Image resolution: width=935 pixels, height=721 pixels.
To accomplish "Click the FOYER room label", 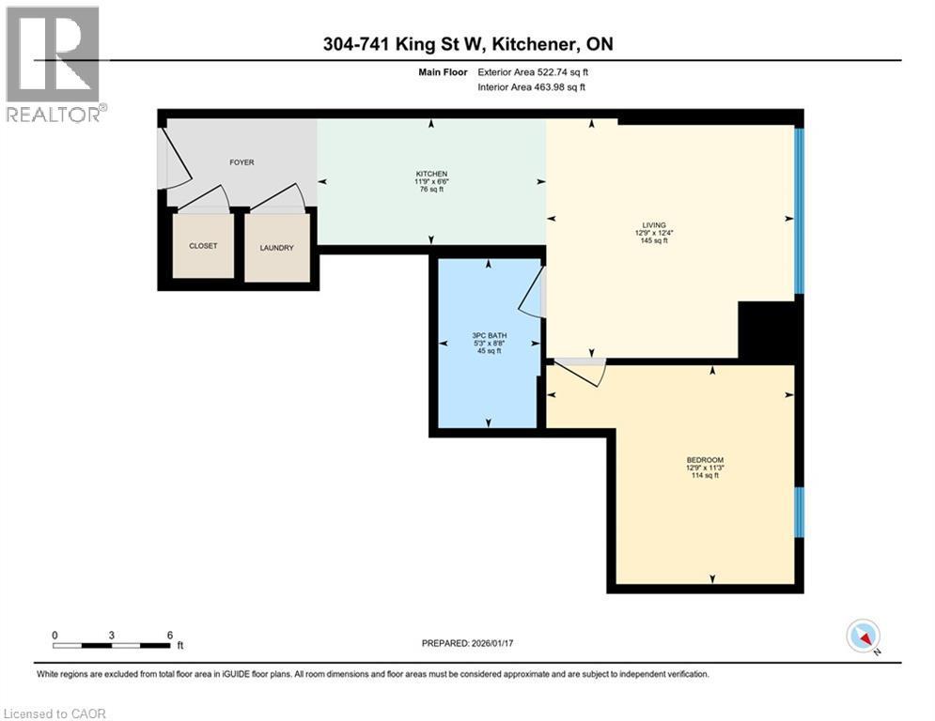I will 242,162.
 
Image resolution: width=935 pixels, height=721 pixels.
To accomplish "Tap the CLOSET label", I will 203,246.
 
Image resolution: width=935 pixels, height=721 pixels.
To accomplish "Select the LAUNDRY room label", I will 276,248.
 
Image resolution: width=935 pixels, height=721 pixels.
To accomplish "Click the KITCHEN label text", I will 431,175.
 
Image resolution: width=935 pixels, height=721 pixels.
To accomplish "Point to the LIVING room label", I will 654,225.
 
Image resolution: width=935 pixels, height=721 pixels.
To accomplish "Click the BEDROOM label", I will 703,460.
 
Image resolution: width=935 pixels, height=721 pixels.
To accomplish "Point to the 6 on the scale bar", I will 169,636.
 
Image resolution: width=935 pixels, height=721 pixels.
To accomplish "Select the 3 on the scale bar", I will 112,636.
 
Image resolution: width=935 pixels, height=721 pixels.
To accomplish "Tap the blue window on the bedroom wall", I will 799,513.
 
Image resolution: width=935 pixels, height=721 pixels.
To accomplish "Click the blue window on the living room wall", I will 799,211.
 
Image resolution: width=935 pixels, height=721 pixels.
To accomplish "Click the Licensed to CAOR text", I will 55,713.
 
